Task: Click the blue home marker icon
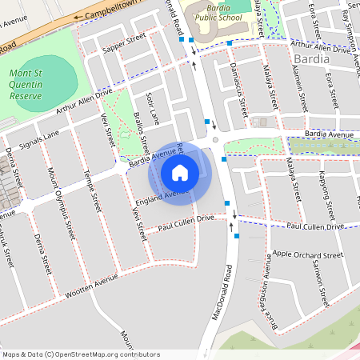pos(180,172)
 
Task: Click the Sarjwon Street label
pos(321,284)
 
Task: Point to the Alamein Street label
pos(302,88)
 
